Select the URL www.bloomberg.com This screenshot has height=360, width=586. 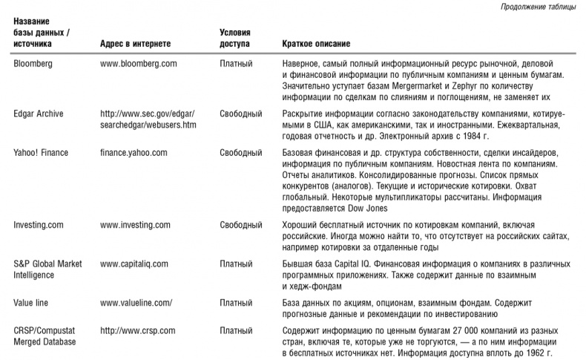pos(138,64)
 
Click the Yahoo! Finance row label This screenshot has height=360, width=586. pos(41,152)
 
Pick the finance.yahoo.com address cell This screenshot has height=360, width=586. pos(134,152)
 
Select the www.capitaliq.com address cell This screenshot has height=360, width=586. pos(136,264)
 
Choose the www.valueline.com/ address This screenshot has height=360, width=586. pos(136,303)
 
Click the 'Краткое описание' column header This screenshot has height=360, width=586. pos(317,45)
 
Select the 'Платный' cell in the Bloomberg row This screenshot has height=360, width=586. pos(237,64)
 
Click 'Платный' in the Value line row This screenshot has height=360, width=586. pos(237,303)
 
